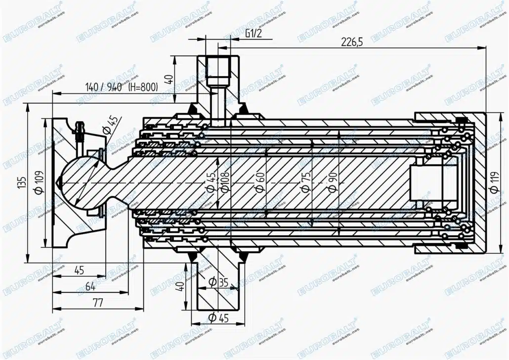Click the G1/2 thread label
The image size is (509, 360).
tap(254, 34)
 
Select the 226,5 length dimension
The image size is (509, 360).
tap(352, 42)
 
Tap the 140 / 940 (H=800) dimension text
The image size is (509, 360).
tap(122, 87)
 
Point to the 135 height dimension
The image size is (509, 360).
tap(22, 183)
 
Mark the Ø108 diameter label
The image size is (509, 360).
tap(225, 181)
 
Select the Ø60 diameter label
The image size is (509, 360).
tap(260, 181)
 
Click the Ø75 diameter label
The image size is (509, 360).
tap(306, 181)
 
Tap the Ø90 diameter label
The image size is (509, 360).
tap(333, 181)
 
